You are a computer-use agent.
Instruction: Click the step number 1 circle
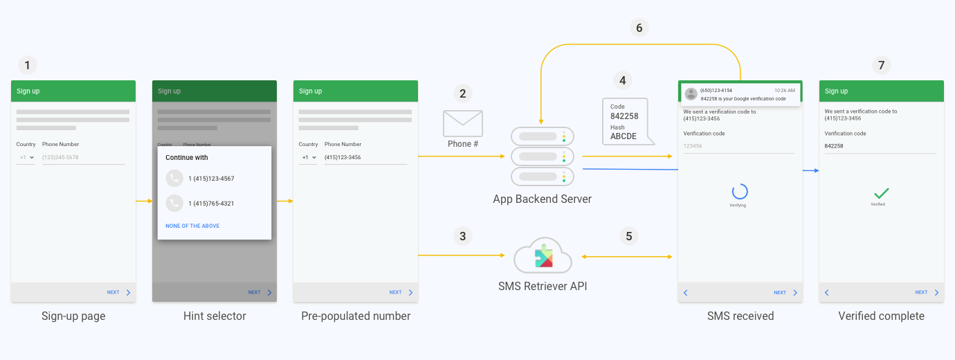27,66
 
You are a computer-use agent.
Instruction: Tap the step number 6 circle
639,28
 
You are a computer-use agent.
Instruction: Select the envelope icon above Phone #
463,123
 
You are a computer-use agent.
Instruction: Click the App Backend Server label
542,199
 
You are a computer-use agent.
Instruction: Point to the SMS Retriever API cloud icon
543,256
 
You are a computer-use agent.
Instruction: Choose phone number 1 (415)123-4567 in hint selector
211,179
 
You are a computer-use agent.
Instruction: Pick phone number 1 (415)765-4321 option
211,204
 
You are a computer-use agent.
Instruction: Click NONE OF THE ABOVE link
192,226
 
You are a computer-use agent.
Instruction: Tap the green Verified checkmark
881,193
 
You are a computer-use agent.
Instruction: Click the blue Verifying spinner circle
740,192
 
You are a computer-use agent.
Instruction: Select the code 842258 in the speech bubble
624,116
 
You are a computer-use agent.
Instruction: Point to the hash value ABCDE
624,136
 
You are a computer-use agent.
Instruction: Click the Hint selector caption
215,316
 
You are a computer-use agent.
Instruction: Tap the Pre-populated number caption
356,316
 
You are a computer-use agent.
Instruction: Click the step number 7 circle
881,66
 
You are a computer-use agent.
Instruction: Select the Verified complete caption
881,316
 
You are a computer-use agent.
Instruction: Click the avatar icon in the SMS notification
691,94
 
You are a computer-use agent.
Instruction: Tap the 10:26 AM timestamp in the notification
785,91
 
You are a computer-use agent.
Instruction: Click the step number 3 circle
463,236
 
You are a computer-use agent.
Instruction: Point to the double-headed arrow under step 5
627,257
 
